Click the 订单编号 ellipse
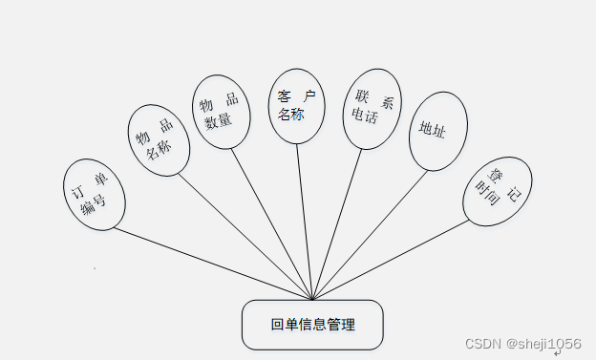(94, 194)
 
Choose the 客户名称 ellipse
(296, 105)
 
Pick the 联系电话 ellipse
(372, 108)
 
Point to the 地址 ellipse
(437, 131)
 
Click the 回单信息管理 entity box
(312, 325)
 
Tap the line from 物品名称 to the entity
(244, 235)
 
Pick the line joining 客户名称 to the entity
(304, 220)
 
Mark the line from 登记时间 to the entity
(392, 259)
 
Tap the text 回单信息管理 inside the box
(312, 325)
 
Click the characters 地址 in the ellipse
(433, 131)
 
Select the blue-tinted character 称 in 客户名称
(299, 116)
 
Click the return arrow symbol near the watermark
(557, 353)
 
